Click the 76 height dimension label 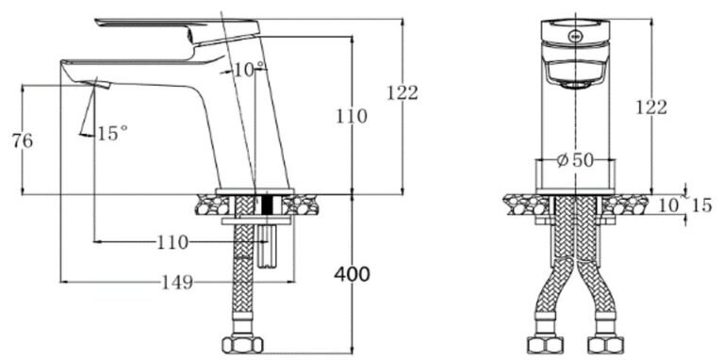pos(22,141)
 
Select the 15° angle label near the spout pos(111,134)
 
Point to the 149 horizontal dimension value pos(176,282)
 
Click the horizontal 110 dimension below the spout pos(172,243)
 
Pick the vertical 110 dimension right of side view pos(352,117)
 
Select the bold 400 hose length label pos(352,274)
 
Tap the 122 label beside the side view pos(403,92)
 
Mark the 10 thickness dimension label pos(667,205)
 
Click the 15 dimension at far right pos(701,205)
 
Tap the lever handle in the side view pos(179,24)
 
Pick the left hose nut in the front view pos(547,342)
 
